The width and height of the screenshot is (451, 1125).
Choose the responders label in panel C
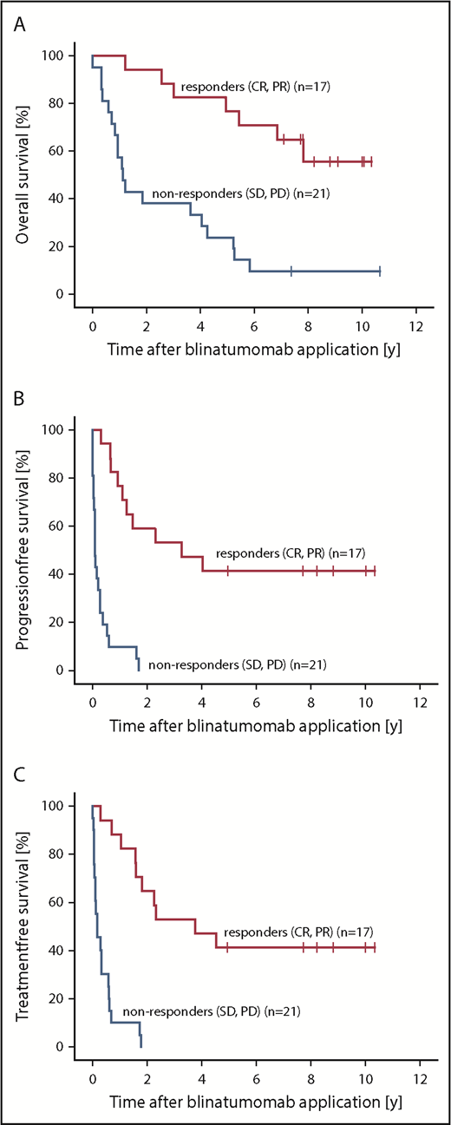click(x=298, y=932)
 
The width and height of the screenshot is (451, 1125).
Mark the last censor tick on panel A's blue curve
click(x=379, y=271)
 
